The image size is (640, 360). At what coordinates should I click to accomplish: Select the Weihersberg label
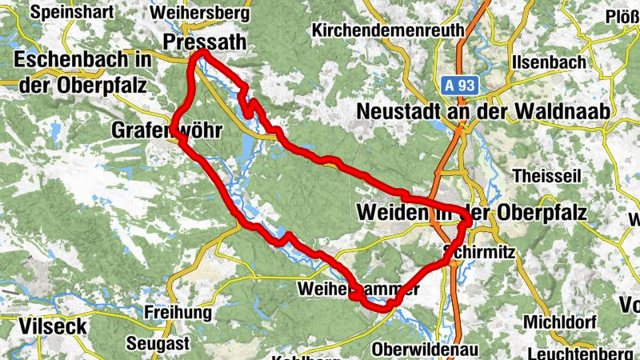199,14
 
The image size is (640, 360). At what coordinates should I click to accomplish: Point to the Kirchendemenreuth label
389,30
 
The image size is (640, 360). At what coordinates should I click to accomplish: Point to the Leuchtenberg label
575,352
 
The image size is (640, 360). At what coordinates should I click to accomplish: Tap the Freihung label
178,312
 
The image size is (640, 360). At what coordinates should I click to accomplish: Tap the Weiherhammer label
358,289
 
